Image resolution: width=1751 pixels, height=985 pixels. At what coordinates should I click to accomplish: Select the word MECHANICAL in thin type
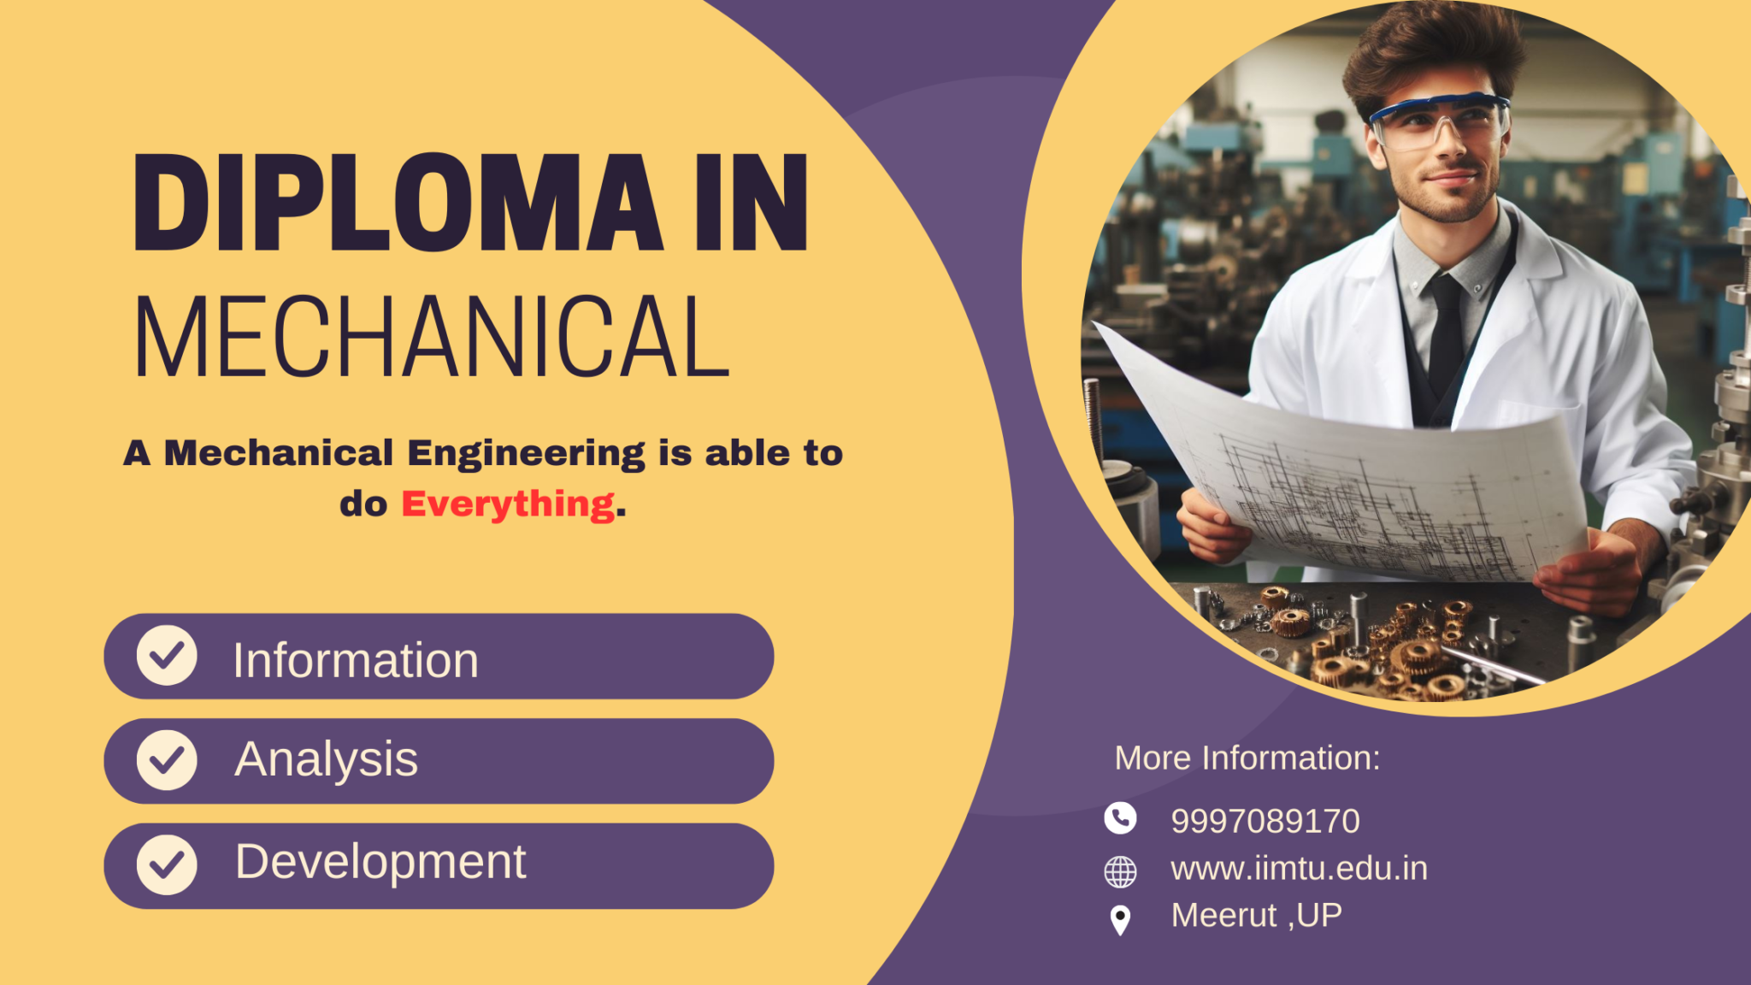pyautogui.click(x=432, y=337)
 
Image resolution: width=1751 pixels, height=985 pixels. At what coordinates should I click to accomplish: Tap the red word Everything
pyautogui.click(x=508, y=504)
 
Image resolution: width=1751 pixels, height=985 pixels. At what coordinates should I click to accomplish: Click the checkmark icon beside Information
pyautogui.click(x=167, y=656)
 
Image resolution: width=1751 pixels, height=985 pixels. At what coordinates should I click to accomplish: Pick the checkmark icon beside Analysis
pyautogui.click(x=167, y=760)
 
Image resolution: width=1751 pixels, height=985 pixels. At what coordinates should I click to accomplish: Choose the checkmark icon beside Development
pyautogui.click(x=167, y=865)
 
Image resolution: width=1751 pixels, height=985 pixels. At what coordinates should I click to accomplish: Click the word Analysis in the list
pyautogui.click(x=326, y=759)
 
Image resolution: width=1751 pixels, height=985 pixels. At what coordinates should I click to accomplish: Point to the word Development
pyautogui.click(x=380, y=862)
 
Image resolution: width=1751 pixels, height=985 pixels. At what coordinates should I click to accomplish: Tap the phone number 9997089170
pyautogui.click(x=1265, y=821)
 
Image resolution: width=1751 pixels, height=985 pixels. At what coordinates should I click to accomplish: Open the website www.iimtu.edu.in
pyautogui.click(x=1299, y=869)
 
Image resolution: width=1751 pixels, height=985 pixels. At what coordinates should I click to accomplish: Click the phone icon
pyautogui.click(x=1120, y=818)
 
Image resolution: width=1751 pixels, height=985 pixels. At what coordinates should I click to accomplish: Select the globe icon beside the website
pyautogui.click(x=1120, y=871)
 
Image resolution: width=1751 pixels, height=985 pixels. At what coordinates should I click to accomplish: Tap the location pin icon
pyautogui.click(x=1120, y=920)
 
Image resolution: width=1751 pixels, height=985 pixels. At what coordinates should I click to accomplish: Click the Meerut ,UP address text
pyautogui.click(x=1256, y=916)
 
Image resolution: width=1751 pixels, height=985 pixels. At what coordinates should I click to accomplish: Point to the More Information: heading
pyautogui.click(x=1247, y=758)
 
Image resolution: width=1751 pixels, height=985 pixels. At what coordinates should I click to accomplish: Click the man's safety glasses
pyautogui.click(x=1439, y=120)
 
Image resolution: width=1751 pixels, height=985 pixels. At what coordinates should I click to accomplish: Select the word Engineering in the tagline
pyautogui.click(x=526, y=454)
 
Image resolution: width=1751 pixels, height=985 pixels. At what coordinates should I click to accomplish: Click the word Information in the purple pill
pyautogui.click(x=355, y=660)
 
